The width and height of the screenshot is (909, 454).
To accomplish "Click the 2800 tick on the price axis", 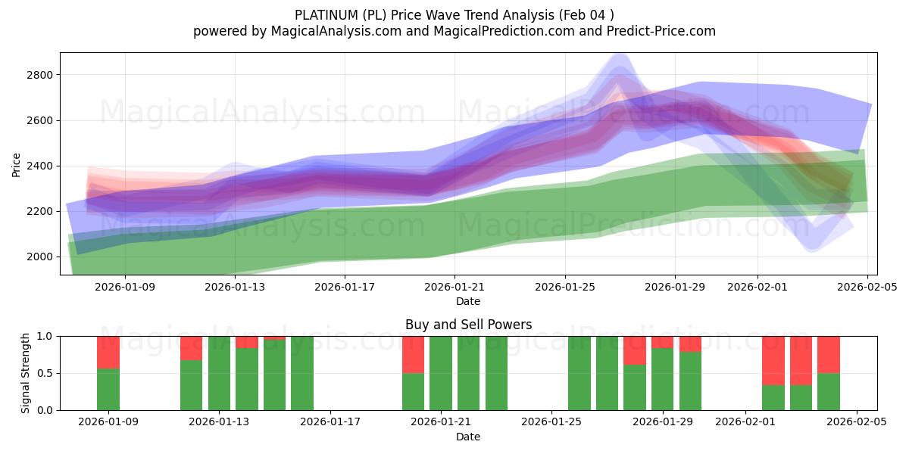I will [x=39, y=75].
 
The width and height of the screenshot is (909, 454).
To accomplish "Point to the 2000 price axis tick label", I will [x=39, y=257].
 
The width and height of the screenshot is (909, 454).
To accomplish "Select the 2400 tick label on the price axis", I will [x=39, y=166].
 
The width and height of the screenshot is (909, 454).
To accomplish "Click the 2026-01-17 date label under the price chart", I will [x=345, y=287].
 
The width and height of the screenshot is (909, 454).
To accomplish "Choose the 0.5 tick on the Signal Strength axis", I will [x=45, y=373].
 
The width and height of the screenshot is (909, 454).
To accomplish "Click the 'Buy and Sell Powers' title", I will [x=468, y=325].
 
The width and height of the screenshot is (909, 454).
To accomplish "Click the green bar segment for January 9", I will [x=108, y=389].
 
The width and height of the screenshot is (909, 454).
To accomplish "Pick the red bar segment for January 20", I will [x=413, y=354].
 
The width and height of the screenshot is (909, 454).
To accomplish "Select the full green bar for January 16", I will [x=302, y=373].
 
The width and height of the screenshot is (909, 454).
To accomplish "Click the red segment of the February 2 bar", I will [x=773, y=360].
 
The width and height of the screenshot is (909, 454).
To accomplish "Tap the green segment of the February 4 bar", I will [x=829, y=391].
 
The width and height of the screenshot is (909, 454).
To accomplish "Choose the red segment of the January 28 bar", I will [x=635, y=350].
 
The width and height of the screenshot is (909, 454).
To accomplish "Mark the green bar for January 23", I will [x=496, y=373].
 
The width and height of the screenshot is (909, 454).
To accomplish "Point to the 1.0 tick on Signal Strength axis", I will [x=45, y=336].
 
